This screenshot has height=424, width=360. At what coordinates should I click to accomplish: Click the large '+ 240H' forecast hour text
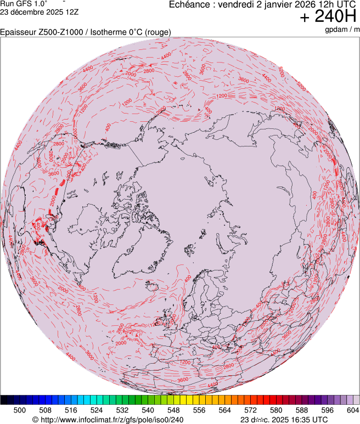point(328,17)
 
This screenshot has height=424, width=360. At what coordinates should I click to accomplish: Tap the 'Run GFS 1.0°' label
point(24,3)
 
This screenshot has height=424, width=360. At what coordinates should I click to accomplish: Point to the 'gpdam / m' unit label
point(342,29)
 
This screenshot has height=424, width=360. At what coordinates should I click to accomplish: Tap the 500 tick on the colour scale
point(20,410)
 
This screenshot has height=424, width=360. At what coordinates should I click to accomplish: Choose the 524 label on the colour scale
point(97,410)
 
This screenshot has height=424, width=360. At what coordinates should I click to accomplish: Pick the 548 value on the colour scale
point(173,410)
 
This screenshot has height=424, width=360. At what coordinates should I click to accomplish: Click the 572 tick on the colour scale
point(250,410)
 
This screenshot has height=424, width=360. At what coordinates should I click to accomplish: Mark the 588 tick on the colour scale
point(301,410)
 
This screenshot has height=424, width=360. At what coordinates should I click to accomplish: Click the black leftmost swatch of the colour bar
point(4,400)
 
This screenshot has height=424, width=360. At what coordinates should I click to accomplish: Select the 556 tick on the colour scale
point(199,410)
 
